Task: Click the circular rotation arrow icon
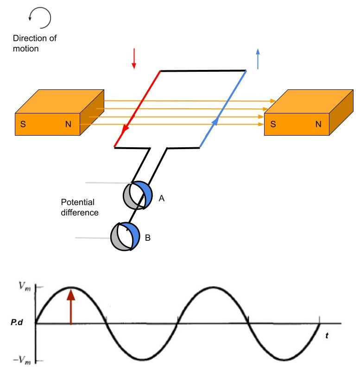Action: [39, 19]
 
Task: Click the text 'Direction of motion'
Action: [32, 43]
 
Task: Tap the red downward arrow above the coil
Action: [133, 58]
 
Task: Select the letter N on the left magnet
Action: [69, 125]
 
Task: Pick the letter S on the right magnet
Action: [273, 125]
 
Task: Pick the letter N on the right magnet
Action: [318, 125]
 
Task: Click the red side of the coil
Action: [138, 108]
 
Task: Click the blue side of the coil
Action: [222, 108]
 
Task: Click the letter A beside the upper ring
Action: [162, 198]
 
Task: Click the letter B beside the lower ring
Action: [148, 238]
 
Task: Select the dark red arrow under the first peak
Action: [70, 306]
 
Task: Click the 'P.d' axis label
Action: [18, 323]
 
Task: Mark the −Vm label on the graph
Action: [20, 361]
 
